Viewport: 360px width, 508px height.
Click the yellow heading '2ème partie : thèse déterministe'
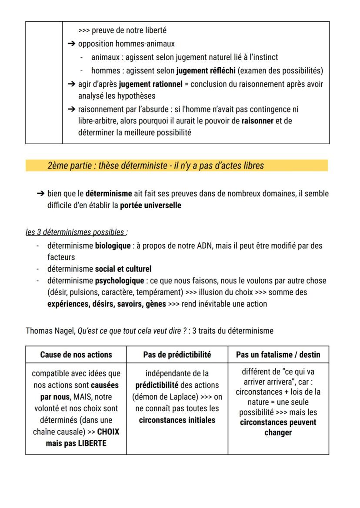tap(155, 166)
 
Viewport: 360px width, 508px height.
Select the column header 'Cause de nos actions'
tap(76, 355)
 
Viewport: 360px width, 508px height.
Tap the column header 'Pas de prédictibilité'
tap(177, 355)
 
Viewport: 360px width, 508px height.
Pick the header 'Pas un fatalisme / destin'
tap(278, 355)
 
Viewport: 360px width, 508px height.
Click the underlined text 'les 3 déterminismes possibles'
tap(76, 232)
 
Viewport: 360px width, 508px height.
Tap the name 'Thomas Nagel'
tap(50, 331)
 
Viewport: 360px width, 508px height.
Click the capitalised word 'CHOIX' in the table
tap(108, 432)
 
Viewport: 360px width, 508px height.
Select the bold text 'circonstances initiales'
tap(177, 420)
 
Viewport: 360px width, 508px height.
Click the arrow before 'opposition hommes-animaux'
tap(72, 44)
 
